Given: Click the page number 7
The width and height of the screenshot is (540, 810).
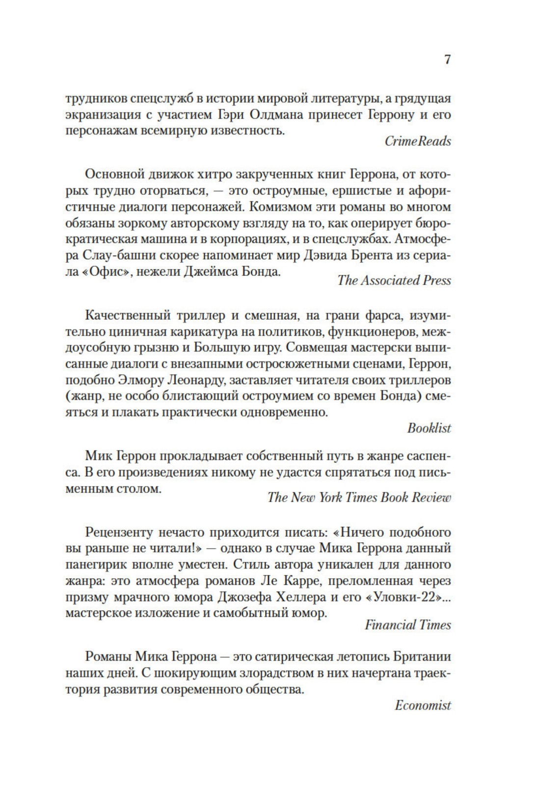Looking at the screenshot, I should [x=447, y=60].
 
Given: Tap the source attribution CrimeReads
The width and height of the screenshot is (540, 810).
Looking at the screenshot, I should [x=417, y=141].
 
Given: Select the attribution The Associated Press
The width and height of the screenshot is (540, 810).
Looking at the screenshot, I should [x=394, y=280].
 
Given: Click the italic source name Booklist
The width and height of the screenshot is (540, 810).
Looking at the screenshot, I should [x=429, y=428].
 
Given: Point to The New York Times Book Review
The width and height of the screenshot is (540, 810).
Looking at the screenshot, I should [x=359, y=498].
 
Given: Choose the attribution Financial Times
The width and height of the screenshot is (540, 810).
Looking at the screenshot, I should [x=407, y=625].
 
